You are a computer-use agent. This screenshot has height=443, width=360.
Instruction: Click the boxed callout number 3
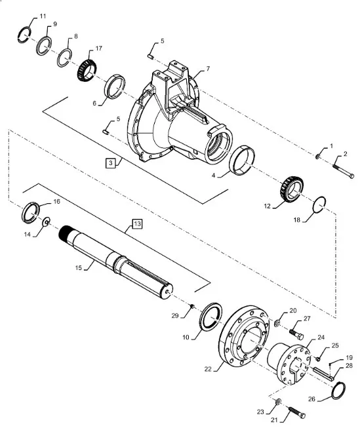click(111, 163)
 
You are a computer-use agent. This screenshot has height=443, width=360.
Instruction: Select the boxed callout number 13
click(137, 223)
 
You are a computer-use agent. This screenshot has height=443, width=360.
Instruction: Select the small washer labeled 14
click(46, 221)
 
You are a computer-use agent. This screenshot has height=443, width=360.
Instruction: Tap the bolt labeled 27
click(296, 334)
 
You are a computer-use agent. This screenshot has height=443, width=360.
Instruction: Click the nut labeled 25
click(317, 359)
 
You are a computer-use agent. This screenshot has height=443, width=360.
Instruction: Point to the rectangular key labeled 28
click(324, 373)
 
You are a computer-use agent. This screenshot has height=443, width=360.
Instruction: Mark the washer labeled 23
click(278, 402)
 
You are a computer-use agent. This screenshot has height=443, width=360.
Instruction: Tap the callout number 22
click(208, 369)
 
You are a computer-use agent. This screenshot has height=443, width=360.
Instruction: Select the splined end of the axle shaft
click(65, 232)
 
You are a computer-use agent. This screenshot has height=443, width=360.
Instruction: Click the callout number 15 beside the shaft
click(78, 267)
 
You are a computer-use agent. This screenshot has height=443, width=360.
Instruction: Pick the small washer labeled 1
click(317, 156)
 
